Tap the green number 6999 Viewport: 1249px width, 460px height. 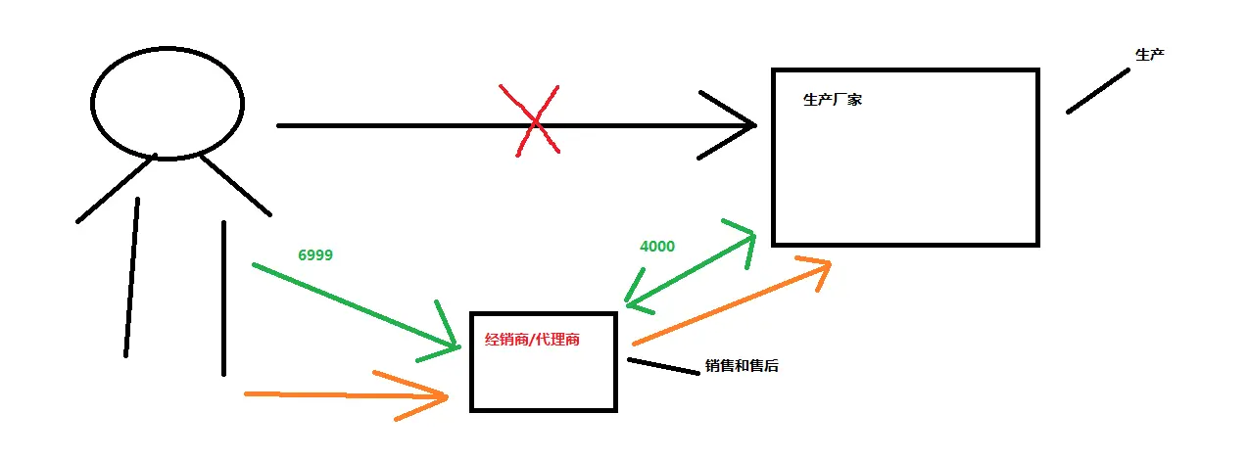click(x=315, y=255)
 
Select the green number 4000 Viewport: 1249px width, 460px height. click(x=657, y=247)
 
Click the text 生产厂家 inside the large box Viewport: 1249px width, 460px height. click(x=833, y=100)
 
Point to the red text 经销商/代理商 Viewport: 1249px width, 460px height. click(x=532, y=340)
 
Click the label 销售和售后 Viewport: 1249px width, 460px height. click(x=742, y=366)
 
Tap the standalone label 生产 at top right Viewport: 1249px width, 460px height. click(x=1150, y=55)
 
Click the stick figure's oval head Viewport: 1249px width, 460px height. click(x=168, y=47)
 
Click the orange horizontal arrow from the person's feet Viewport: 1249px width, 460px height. click(x=346, y=394)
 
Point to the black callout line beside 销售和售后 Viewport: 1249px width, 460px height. click(x=663, y=366)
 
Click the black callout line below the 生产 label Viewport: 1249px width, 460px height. click(x=1098, y=91)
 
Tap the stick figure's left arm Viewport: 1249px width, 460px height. click(x=116, y=189)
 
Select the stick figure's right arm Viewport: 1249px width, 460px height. click(x=236, y=185)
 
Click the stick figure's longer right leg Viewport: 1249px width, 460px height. click(x=223, y=299)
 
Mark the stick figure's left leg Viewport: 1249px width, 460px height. click(x=132, y=277)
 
